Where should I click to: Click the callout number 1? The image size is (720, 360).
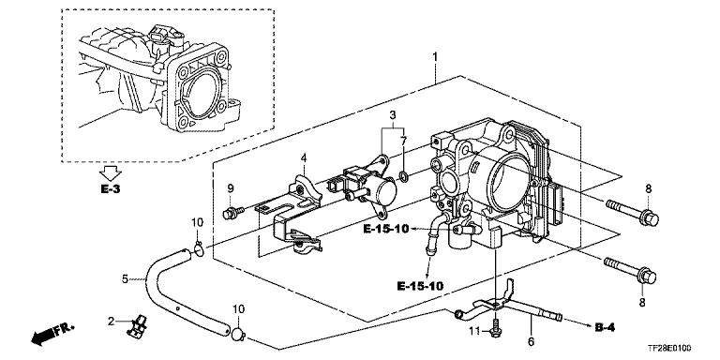[x=435, y=58]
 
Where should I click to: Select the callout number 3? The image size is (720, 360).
[x=393, y=115]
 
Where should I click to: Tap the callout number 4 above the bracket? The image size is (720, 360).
[x=304, y=158]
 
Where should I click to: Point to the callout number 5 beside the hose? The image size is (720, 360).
[x=125, y=278]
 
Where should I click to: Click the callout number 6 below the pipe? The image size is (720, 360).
[x=532, y=341]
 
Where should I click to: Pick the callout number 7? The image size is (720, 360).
[x=404, y=140]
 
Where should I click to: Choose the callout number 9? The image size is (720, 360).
[x=231, y=187]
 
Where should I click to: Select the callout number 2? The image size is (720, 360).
[x=111, y=322]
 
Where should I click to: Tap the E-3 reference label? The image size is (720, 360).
[x=111, y=188]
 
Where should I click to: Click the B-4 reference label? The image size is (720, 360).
[x=605, y=327]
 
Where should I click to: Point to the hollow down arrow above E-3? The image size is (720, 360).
[x=111, y=173]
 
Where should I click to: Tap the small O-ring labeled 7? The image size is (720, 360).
[x=404, y=176]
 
